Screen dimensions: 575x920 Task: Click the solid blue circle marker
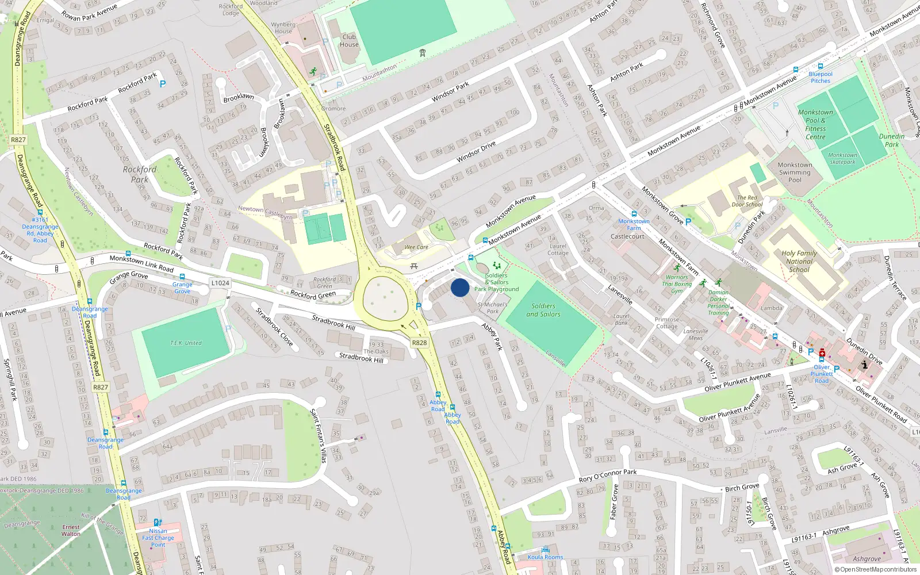pyautogui.click(x=460, y=287)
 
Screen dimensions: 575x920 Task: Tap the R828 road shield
pyautogui.click(x=419, y=343)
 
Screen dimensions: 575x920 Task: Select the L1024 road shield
pyautogui.click(x=220, y=283)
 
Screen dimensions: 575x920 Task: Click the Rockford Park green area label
pyautogui.click(x=139, y=174)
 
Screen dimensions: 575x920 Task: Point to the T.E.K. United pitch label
pyautogui.click(x=186, y=343)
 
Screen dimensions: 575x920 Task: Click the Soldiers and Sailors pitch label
pyautogui.click(x=543, y=310)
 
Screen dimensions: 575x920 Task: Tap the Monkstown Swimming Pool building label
pyautogui.click(x=795, y=172)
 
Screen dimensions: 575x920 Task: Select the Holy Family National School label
pyautogui.click(x=799, y=261)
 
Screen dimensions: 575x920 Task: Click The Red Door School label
pyautogui.click(x=747, y=201)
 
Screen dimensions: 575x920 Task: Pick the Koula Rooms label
pyautogui.click(x=545, y=557)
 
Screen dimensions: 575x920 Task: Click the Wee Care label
pyautogui.click(x=416, y=247)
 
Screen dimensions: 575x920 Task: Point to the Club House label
pyautogui.click(x=349, y=40)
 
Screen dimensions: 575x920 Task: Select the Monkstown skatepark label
pyautogui.click(x=842, y=158)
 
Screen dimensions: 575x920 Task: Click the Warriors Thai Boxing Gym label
pyautogui.click(x=677, y=283)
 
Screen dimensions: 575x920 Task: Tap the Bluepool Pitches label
pyautogui.click(x=821, y=77)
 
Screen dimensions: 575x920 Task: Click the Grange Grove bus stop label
pyautogui.click(x=182, y=287)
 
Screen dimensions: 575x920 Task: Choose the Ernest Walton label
pyautogui.click(x=71, y=530)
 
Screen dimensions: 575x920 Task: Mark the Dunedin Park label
pyautogui.click(x=891, y=140)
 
